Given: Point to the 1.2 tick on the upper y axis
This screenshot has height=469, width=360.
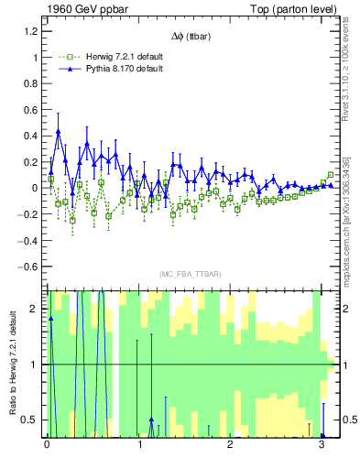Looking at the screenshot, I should [31, 31].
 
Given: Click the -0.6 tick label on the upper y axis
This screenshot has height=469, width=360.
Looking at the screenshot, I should [28, 267].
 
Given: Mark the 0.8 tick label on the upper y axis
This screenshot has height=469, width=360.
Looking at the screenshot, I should [31, 83].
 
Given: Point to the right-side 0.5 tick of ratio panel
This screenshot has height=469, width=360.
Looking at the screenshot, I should [346, 420].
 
